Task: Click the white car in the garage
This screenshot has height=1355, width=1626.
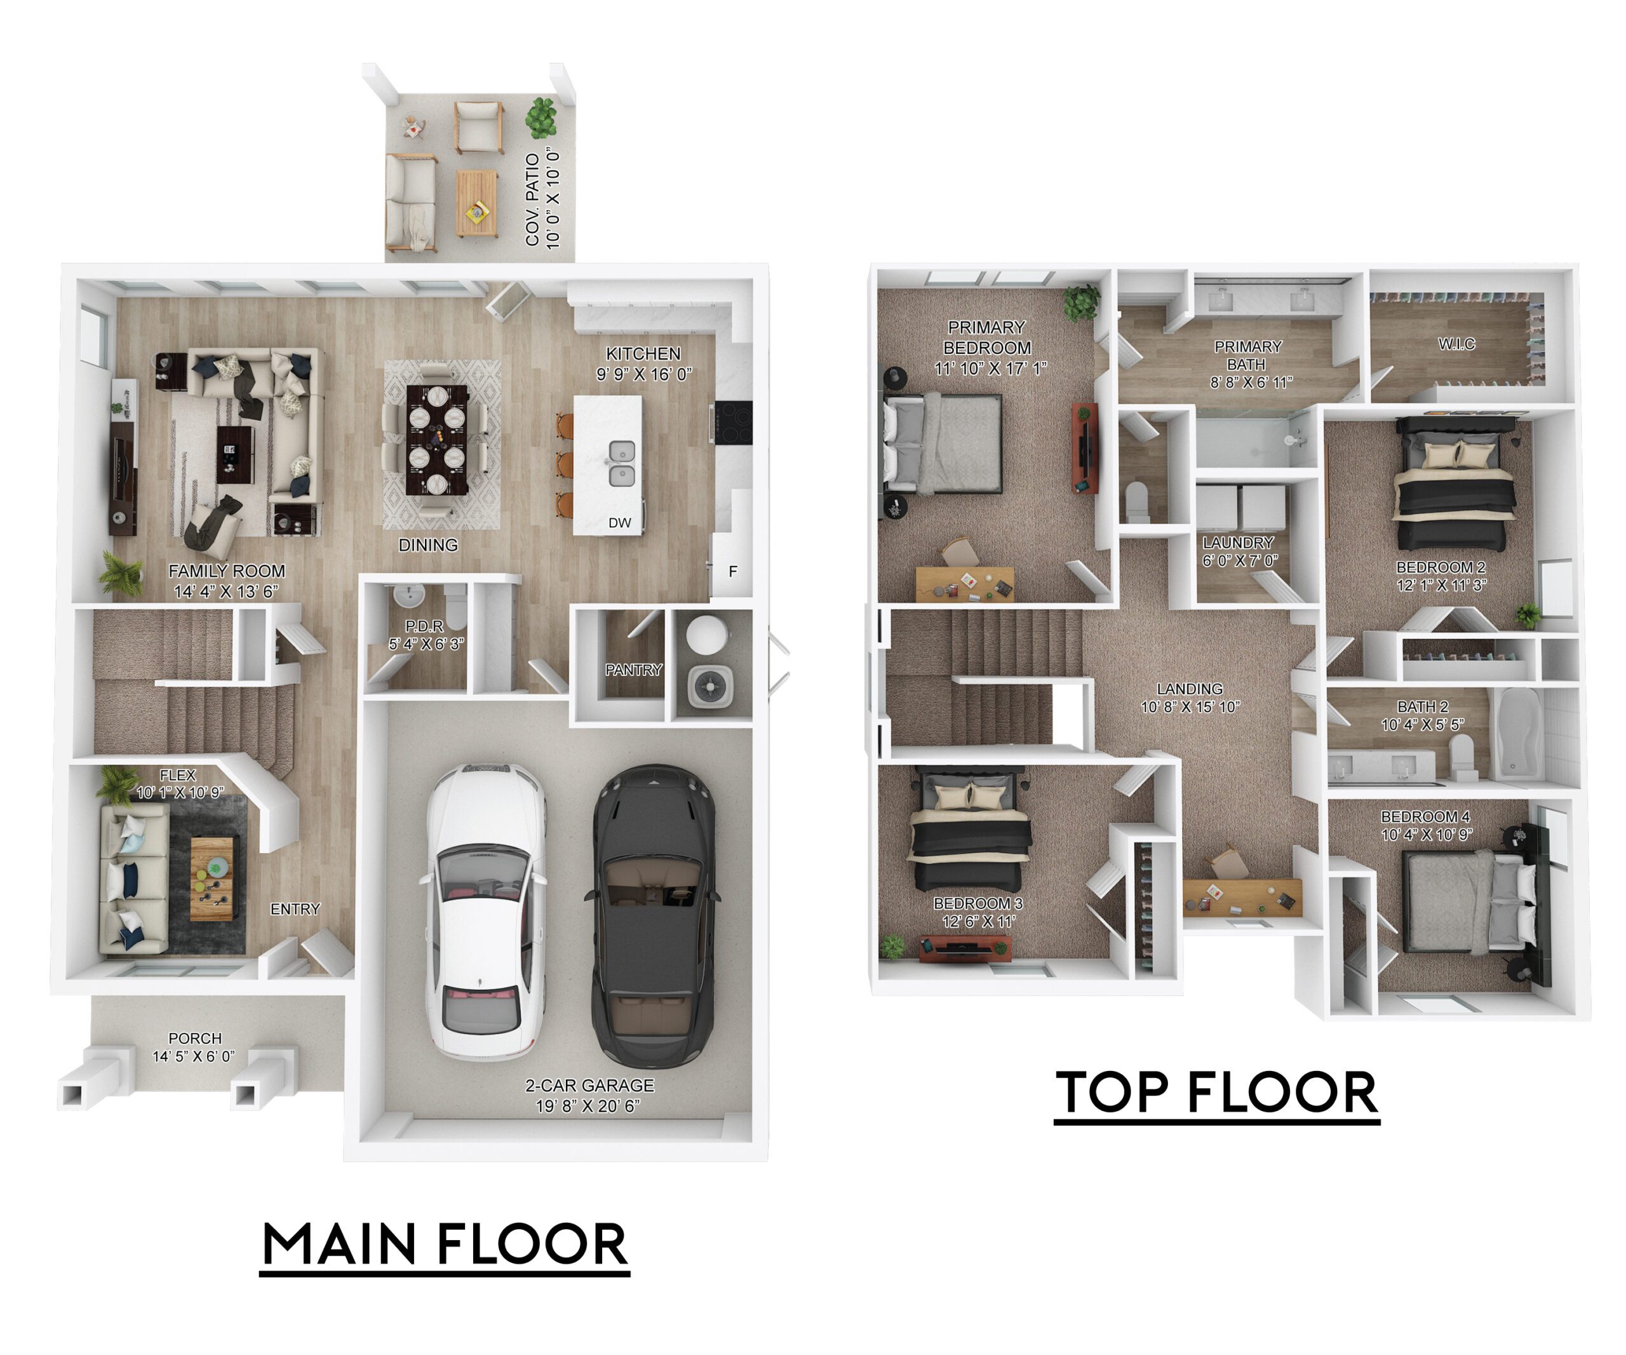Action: tap(484, 912)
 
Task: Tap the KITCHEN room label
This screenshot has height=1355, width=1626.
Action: tap(643, 354)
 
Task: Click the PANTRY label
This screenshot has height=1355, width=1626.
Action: tap(633, 670)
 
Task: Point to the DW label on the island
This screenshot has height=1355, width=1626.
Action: tap(619, 523)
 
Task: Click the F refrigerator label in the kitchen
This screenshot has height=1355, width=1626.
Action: tap(732, 572)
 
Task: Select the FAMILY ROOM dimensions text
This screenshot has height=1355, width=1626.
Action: tap(226, 591)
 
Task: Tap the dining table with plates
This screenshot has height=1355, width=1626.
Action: tap(437, 439)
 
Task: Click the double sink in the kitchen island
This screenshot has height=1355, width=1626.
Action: tap(621, 464)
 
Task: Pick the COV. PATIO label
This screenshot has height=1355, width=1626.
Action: tap(532, 199)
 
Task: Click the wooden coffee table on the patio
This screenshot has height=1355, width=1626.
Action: tap(475, 203)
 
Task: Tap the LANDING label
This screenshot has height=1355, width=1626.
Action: tap(1189, 689)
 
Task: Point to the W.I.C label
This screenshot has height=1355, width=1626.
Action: tap(1456, 344)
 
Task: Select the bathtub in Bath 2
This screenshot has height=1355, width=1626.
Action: tap(1520, 732)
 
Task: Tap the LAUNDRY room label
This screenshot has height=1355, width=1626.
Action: tap(1237, 543)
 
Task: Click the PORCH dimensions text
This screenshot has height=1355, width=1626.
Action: tap(194, 1056)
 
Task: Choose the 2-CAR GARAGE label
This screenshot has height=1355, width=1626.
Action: tap(589, 1086)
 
